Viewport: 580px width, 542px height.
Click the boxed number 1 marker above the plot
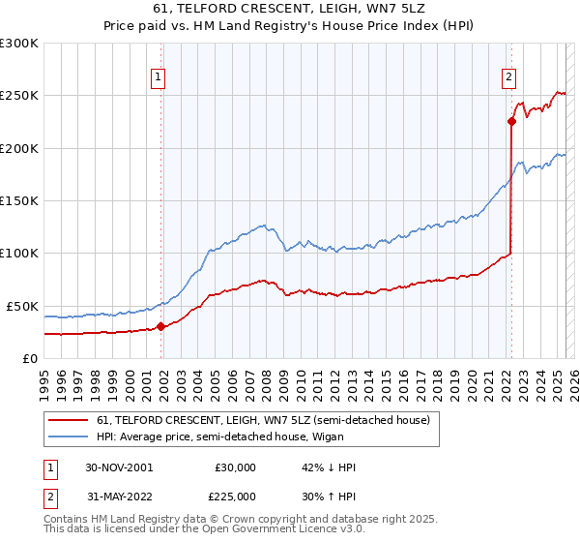point(158,80)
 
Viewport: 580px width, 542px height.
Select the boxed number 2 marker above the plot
point(508,80)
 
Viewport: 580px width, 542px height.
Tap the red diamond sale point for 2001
point(161,327)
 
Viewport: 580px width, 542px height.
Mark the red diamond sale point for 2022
point(511,122)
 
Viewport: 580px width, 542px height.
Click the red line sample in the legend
point(70,419)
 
